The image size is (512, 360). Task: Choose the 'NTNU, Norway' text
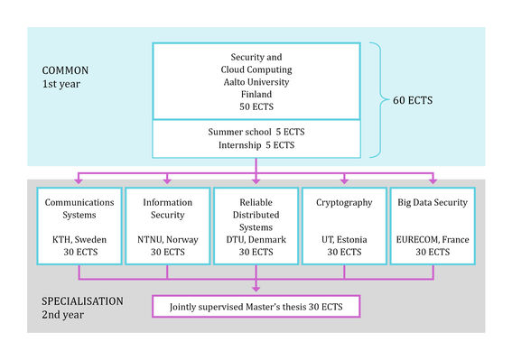[x=166, y=239]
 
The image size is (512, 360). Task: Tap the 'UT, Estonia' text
[x=343, y=239]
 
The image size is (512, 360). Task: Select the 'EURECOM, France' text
[x=432, y=239]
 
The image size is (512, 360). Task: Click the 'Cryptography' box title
[x=343, y=203]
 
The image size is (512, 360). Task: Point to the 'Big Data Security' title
[x=432, y=203]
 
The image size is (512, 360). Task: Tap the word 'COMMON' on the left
[x=66, y=69]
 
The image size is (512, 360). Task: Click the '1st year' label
[x=62, y=84]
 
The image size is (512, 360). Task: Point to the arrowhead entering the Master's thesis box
[x=256, y=291]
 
